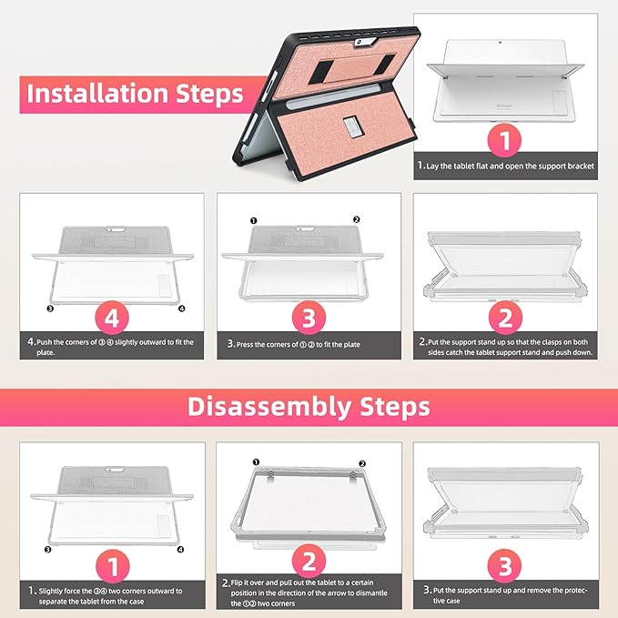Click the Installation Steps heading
(x=135, y=94)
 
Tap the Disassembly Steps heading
(x=309, y=406)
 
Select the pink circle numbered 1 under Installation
(x=504, y=140)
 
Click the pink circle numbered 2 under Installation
(x=505, y=318)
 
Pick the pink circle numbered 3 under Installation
(x=309, y=318)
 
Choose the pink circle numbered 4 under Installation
(x=112, y=318)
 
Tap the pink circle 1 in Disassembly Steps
(x=112, y=566)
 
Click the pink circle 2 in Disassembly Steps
(x=309, y=562)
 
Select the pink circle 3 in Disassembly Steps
(x=504, y=566)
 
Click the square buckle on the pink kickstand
(x=351, y=127)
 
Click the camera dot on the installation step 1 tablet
(x=500, y=42)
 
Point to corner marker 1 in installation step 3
(x=253, y=220)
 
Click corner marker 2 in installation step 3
(x=356, y=219)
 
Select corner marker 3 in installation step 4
(x=50, y=309)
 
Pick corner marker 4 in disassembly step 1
(x=180, y=550)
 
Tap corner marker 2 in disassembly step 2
(x=362, y=463)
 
